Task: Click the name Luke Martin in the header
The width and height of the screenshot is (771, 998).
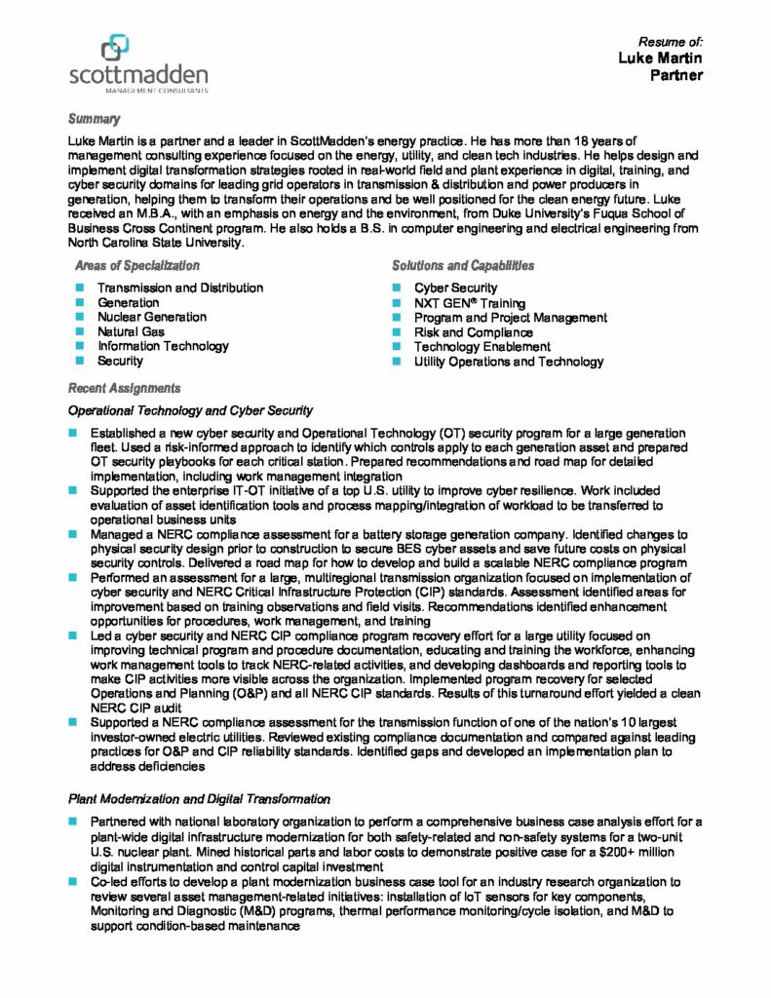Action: (x=660, y=58)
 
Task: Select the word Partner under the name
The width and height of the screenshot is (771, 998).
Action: (x=676, y=75)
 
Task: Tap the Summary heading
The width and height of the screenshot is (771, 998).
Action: (x=94, y=119)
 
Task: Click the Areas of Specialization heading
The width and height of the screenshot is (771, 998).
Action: (x=136, y=265)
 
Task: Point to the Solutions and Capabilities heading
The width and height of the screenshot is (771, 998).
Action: (x=462, y=265)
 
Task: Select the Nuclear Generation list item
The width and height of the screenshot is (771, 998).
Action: (x=151, y=317)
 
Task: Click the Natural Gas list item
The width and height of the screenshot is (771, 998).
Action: (x=131, y=331)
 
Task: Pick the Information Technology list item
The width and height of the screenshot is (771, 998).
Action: (x=163, y=346)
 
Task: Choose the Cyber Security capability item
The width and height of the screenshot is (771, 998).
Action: (x=455, y=288)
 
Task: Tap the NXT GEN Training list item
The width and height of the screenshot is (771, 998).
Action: (x=469, y=303)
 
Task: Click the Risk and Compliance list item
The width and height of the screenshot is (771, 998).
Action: (x=473, y=332)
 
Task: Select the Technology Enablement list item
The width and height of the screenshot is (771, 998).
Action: (x=482, y=347)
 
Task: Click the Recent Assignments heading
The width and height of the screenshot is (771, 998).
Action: (x=124, y=388)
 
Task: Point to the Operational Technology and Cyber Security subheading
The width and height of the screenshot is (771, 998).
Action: (x=190, y=410)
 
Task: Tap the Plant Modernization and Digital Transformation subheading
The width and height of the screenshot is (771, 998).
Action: (x=199, y=799)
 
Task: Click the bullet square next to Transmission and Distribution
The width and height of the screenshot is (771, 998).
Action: (x=79, y=288)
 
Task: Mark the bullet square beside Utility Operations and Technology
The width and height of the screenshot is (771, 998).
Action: (x=397, y=362)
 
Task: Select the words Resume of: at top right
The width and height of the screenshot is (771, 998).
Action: (x=670, y=42)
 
